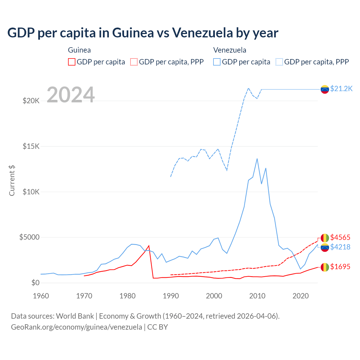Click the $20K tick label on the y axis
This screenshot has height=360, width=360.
tap(31, 101)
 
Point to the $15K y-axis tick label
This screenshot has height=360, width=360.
tap(31, 146)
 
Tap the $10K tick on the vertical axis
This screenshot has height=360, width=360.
tap(31, 192)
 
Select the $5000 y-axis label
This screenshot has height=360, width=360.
tap(29, 237)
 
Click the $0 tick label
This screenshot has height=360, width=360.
tap(35, 283)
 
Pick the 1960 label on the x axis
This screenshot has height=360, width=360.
tap(41, 296)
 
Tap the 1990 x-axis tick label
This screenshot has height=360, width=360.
tap(171, 296)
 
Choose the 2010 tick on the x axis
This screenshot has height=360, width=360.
tap(257, 296)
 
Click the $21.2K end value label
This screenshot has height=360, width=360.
tap(341, 89)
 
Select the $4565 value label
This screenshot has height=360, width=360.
tap(340, 238)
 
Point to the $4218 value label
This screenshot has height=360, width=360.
tap(340, 247)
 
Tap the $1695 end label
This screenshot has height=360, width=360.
tap(340, 267)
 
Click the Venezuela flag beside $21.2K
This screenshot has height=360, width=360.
tap(325, 89)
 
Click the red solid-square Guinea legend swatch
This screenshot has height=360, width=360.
tap(72, 62)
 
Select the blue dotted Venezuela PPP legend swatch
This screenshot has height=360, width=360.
tap(279, 62)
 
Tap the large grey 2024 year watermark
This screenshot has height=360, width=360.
tap(71, 95)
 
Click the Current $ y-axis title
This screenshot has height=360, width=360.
tap(12, 181)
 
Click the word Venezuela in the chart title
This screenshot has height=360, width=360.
tap(202, 33)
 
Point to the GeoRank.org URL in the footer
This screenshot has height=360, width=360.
tap(76, 327)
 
